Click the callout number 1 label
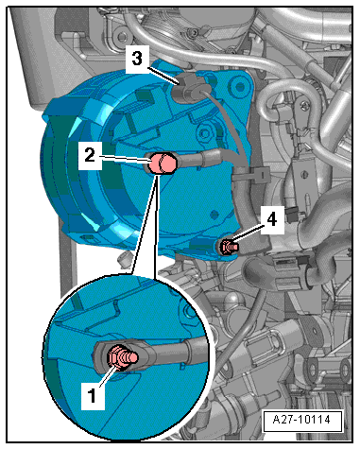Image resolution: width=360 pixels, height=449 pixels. (93, 395)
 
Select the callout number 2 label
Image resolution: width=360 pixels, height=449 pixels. (90, 156)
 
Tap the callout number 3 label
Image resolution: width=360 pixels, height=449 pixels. (137, 59)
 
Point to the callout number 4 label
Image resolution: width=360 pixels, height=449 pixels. (272, 219)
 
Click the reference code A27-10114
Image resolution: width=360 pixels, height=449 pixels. (301, 420)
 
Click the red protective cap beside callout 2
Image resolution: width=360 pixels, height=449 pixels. (163, 164)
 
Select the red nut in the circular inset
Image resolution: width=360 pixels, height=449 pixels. (115, 356)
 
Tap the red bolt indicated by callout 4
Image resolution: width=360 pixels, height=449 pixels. (229, 246)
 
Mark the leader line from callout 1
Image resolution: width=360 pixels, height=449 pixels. (107, 376)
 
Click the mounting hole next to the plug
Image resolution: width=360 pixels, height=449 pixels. (240, 87)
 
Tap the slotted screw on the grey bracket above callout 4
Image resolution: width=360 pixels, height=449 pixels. (304, 174)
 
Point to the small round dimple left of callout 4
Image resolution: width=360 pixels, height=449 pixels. (214, 216)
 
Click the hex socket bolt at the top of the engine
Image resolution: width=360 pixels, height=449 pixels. (193, 32)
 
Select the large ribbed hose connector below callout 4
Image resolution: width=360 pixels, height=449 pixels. (285, 270)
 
